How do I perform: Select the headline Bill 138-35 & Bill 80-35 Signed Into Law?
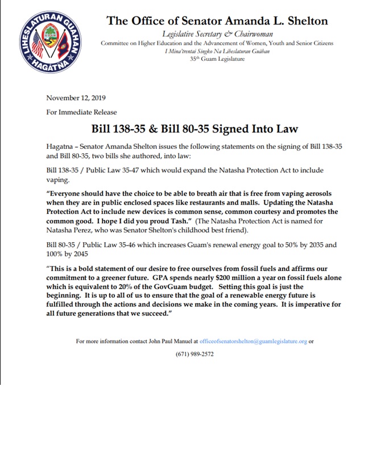pyautogui.click(x=192, y=128)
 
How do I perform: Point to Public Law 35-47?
pyautogui.click(x=110, y=169)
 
